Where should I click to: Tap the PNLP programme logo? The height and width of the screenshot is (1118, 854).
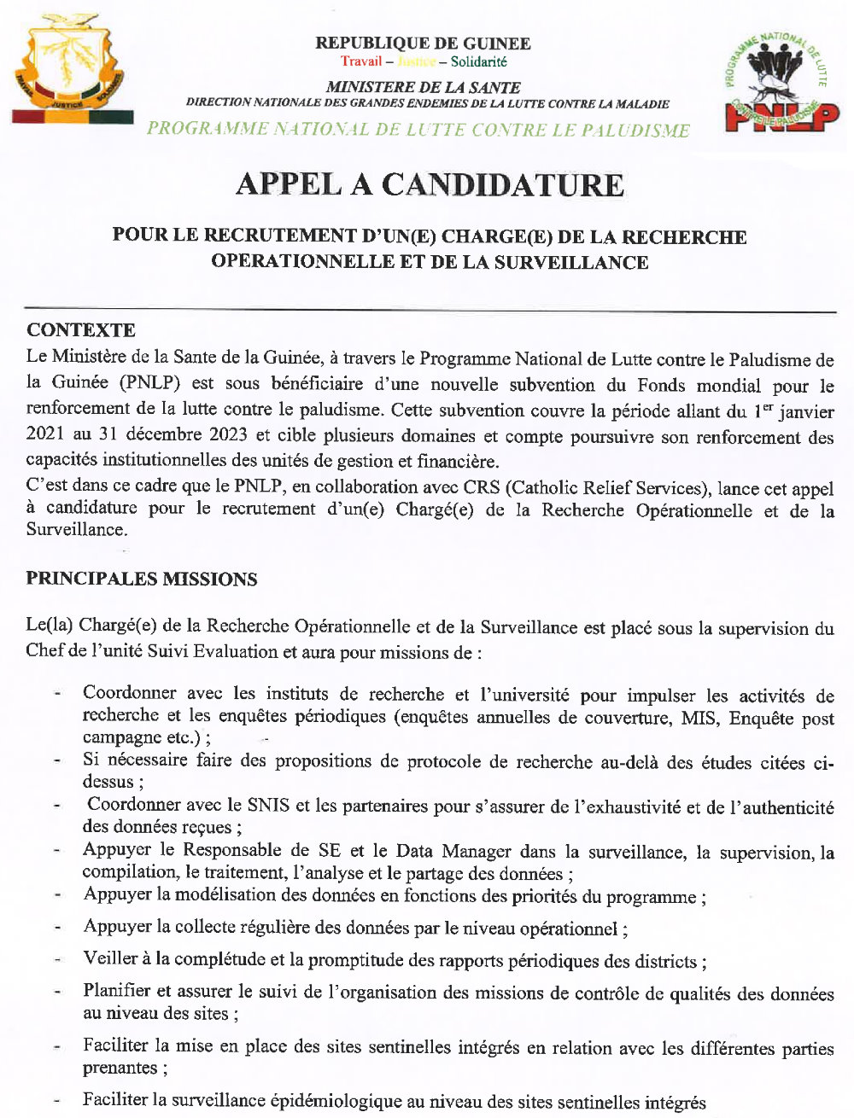[781, 84]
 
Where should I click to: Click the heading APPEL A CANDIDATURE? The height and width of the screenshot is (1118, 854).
[430, 184]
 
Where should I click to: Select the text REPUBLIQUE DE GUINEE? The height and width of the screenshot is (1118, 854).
[423, 43]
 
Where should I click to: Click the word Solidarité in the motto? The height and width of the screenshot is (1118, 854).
[478, 61]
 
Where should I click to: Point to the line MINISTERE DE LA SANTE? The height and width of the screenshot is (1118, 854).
[423, 87]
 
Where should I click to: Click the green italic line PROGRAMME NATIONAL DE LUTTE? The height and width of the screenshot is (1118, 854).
[418, 130]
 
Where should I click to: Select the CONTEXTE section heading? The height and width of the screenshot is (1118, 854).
[80, 330]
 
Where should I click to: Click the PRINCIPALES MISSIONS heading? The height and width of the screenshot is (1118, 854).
[141, 579]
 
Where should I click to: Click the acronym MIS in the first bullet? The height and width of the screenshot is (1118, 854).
[699, 718]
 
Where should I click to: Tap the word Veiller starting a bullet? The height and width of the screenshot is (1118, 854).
[114, 959]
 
